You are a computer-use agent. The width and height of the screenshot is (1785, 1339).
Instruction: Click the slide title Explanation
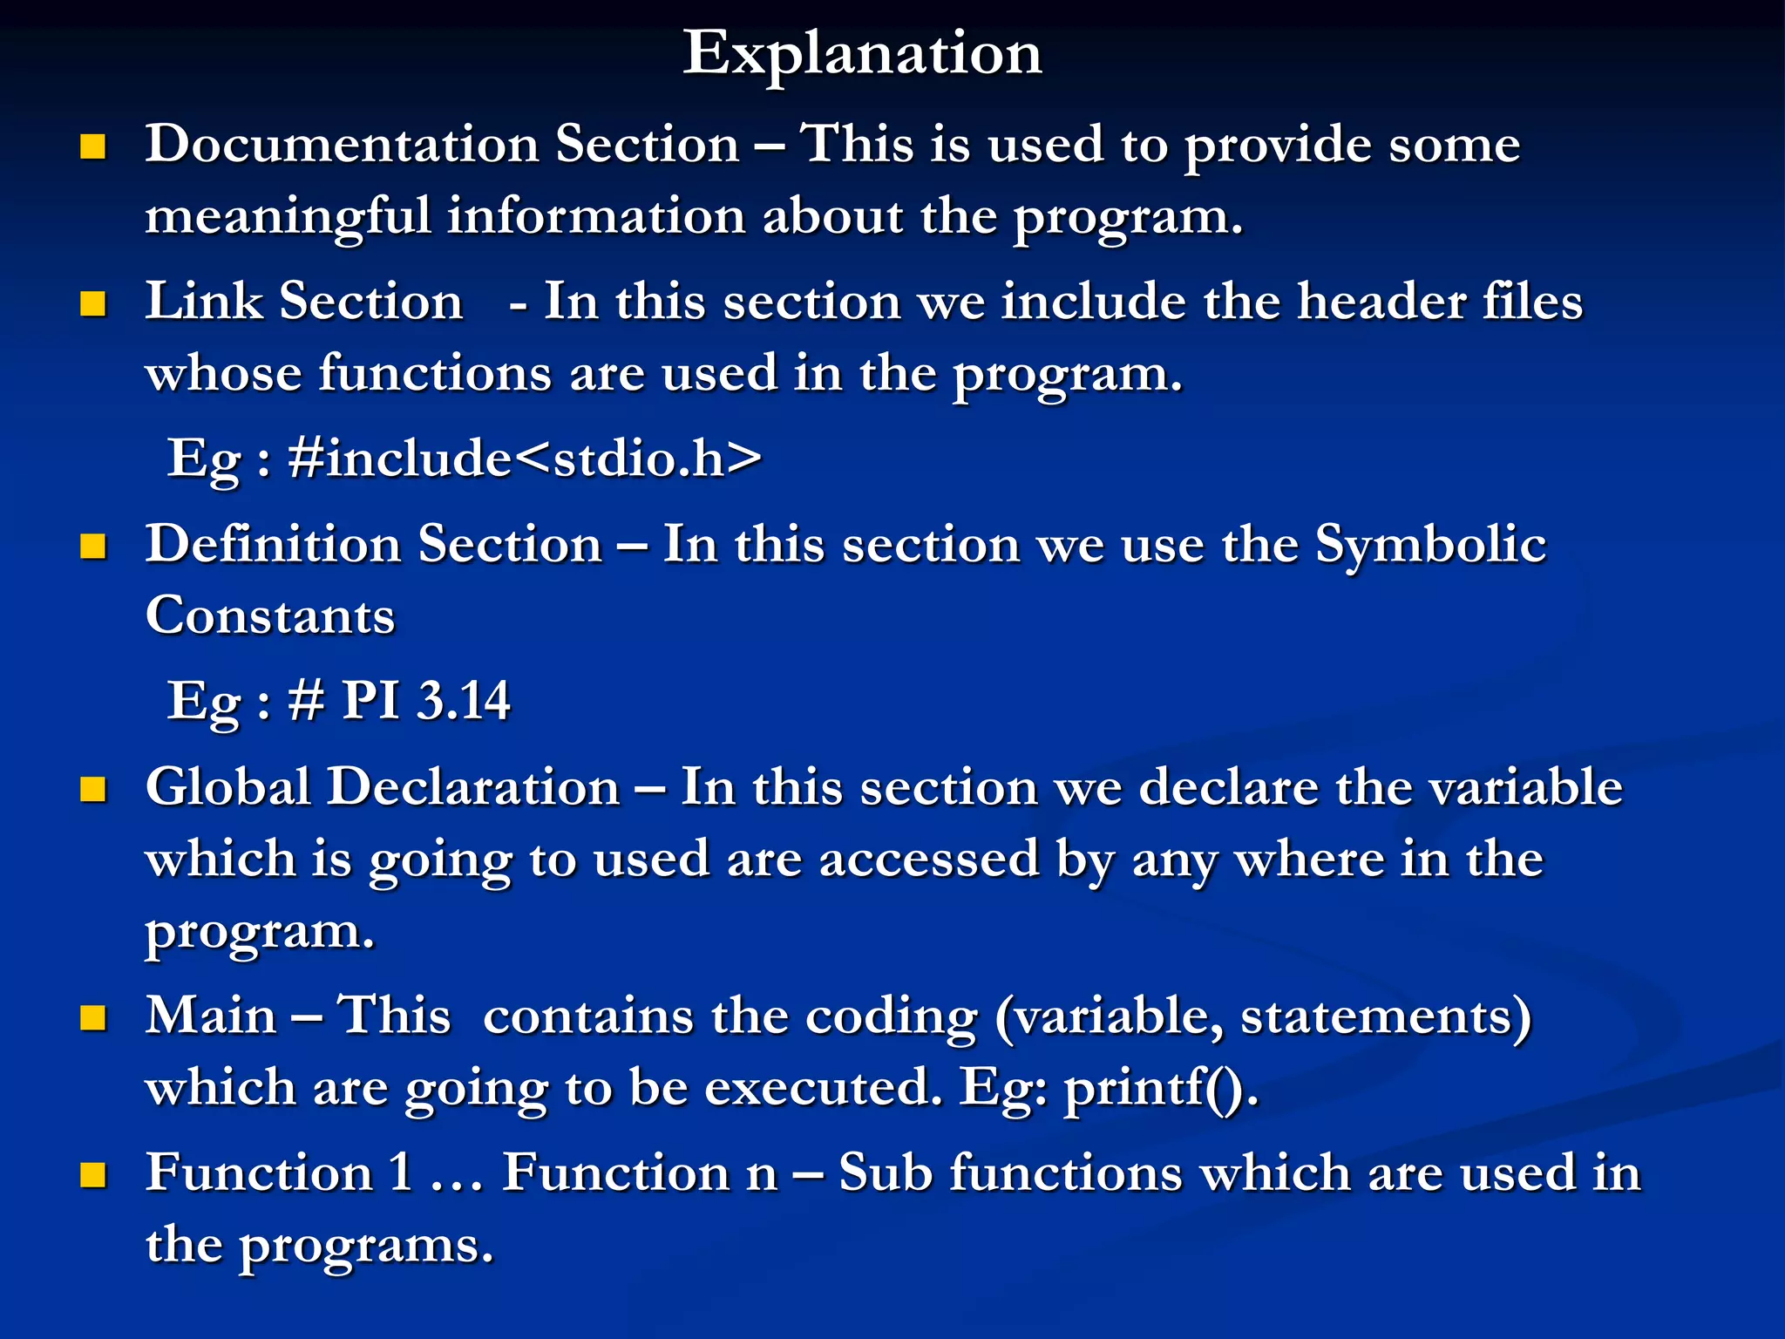click(862, 54)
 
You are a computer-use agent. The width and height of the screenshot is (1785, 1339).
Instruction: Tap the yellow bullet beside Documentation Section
click(92, 146)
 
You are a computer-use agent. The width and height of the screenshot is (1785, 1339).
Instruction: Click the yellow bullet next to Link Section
click(92, 304)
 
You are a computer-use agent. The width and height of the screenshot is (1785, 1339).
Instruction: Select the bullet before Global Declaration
click(92, 790)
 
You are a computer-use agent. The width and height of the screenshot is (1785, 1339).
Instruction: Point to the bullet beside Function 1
click(92, 1175)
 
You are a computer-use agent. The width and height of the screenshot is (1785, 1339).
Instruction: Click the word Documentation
click(342, 144)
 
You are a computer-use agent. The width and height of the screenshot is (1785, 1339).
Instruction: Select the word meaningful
click(288, 217)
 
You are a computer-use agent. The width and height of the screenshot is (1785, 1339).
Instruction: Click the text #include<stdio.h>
click(525, 459)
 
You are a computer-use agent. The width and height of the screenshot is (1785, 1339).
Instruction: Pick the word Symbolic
click(1430, 546)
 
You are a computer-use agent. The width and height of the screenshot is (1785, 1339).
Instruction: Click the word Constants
click(270, 616)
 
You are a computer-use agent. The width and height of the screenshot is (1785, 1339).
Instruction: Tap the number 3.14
click(464, 701)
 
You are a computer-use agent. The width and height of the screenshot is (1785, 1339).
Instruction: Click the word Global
click(228, 787)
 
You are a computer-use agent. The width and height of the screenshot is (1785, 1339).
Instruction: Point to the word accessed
click(929, 860)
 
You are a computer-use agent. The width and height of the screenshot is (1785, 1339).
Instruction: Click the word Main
click(211, 1016)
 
